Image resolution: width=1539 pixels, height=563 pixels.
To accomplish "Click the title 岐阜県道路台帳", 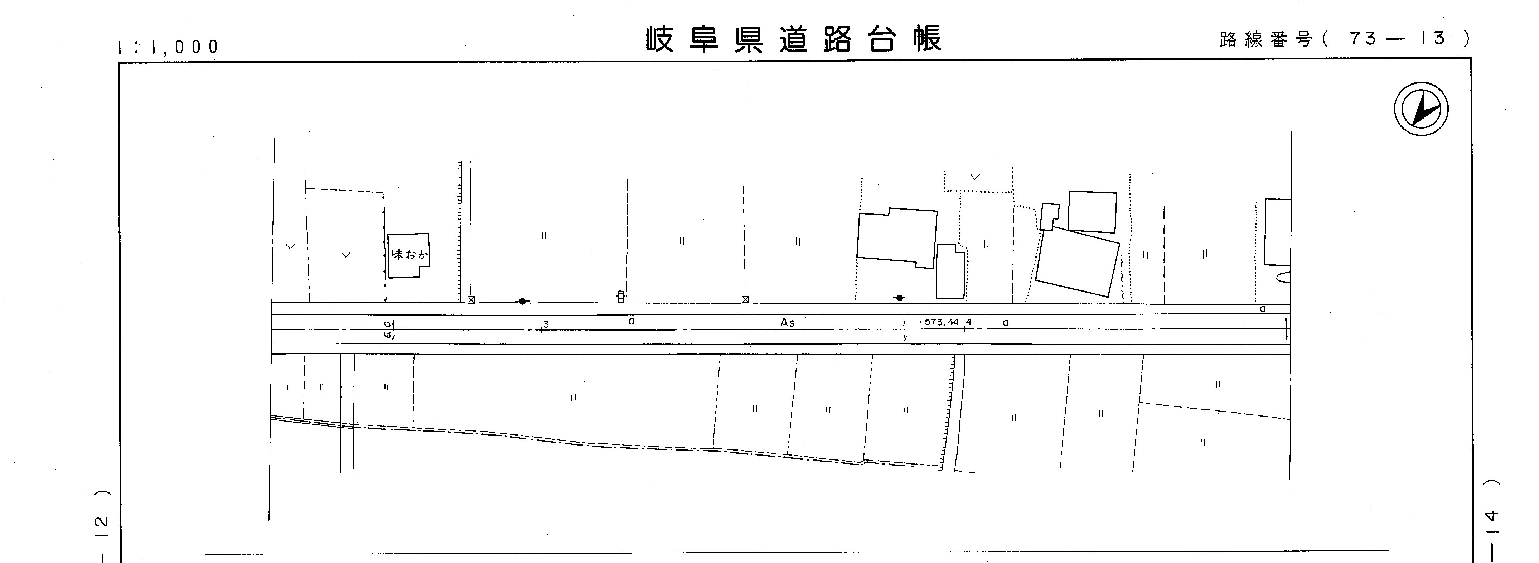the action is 793,39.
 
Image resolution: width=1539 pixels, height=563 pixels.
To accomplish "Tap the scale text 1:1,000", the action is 169,47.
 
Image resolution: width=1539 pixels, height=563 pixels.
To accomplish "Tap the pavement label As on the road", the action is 788,323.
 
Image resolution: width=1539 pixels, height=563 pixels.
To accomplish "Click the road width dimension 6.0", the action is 388,330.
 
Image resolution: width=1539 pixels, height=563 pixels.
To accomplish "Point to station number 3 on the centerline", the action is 546,324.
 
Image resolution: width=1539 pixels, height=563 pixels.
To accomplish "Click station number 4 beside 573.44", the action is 968,322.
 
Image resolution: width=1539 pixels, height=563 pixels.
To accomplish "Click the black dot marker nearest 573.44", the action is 899,298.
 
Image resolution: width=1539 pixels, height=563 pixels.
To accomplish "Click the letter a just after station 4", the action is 1006,323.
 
